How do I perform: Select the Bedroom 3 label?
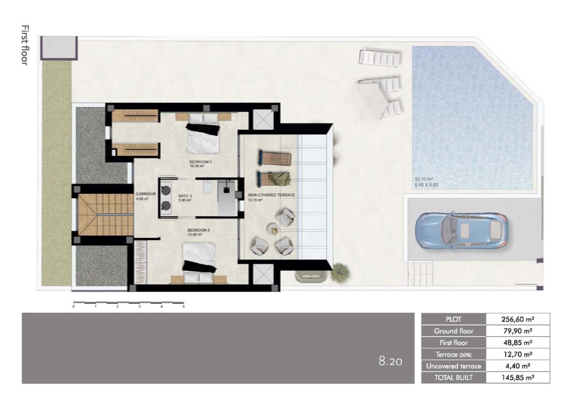click(x=195, y=230)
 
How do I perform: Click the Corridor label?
click(x=145, y=194)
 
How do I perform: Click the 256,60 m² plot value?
click(x=518, y=319)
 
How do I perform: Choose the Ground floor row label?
click(x=453, y=331)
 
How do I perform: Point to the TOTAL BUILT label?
click(x=453, y=377)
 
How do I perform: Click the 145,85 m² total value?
click(x=518, y=377)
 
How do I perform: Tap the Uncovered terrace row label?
click(x=453, y=366)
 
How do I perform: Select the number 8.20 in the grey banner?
click(x=390, y=361)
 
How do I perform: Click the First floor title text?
click(x=24, y=45)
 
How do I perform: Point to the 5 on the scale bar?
click(x=183, y=307)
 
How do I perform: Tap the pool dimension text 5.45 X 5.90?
click(x=426, y=184)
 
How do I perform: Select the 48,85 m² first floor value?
click(x=518, y=343)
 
